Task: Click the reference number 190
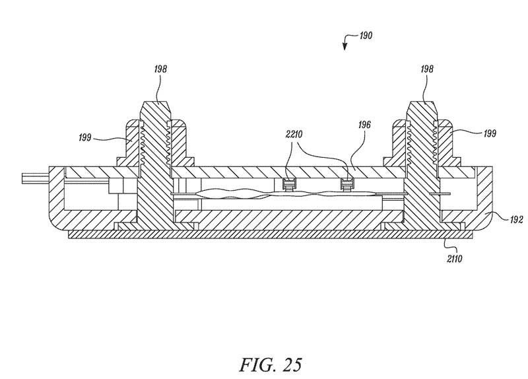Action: [x=366, y=36]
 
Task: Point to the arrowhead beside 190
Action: [x=345, y=47]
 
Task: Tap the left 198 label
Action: [x=160, y=69]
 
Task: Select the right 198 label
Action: [x=427, y=69]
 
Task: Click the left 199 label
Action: [x=85, y=137]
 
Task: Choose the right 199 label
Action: [x=490, y=133]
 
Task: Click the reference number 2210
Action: [x=294, y=135]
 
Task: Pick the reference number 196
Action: [x=364, y=125]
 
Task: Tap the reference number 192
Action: [x=516, y=220]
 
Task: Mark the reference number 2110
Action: [x=455, y=259]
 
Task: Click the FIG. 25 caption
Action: [x=271, y=364]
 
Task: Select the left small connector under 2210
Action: [x=289, y=184]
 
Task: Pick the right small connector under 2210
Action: [x=347, y=184]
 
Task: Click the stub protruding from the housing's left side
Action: [x=36, y=178]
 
